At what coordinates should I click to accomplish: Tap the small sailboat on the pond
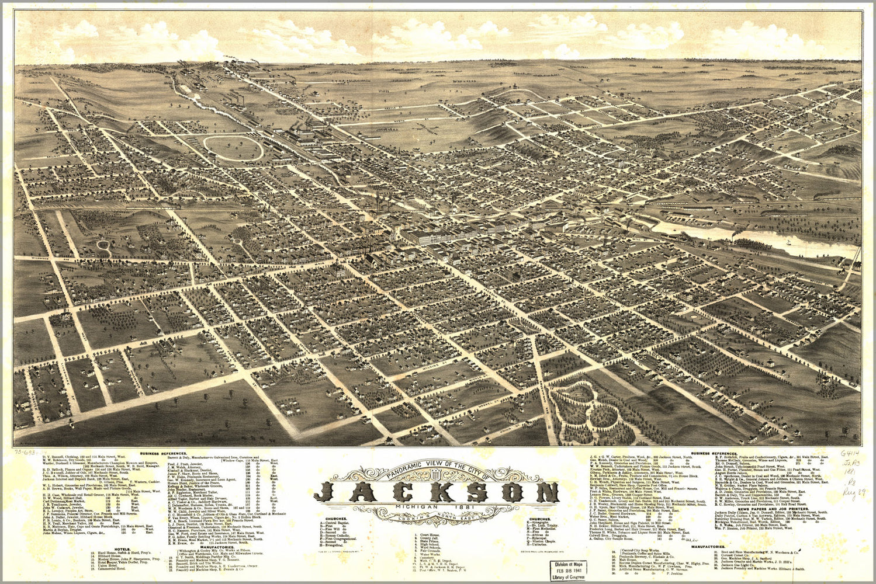click(x=790, y=242)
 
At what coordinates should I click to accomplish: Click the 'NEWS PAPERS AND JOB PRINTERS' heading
click(x=770, y=509)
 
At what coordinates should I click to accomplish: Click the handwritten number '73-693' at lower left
click(x=26, y=452)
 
